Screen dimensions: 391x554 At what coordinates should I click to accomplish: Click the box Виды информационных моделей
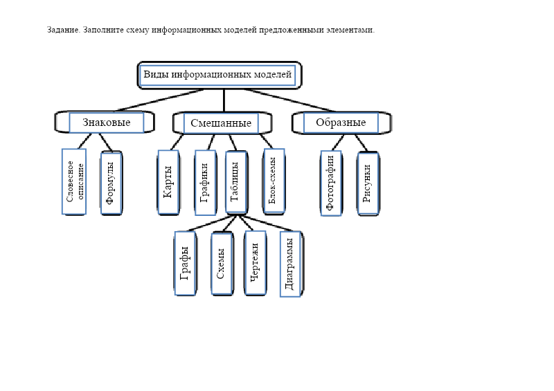coord(217,75)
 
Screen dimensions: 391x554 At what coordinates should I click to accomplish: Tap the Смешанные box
coord(220,123)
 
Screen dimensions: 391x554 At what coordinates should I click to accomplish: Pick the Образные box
coord(340,122)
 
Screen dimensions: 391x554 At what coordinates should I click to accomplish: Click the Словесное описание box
coord(74,182)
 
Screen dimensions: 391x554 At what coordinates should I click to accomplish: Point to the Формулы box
coord(111,183)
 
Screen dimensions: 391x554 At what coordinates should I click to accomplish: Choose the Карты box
coord(168,182)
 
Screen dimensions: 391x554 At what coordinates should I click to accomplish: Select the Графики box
coord(205,182)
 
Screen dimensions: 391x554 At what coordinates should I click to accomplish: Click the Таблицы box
coord(235,182)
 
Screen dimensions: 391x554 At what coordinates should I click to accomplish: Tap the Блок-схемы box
coord(274,181)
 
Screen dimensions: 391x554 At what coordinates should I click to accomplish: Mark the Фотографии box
coord(331,183)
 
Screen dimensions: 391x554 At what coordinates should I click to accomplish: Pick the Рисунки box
coord(367,183)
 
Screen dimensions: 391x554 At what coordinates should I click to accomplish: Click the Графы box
coord(185,263)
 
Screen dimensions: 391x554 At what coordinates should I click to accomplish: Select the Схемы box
coord(221,264)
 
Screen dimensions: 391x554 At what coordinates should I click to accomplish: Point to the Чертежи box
coord(255,263)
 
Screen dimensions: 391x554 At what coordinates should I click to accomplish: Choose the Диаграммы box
coord(290,264)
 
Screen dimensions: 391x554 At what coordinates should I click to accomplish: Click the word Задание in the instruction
coord(63,30)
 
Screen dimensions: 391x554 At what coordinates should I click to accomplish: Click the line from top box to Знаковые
coord(159,100)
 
